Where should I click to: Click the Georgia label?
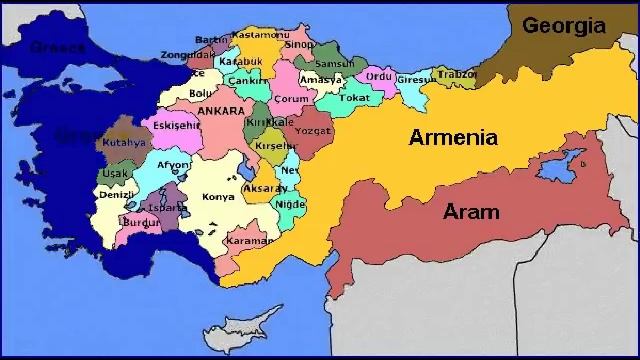point(563,25)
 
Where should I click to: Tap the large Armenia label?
point(453,138)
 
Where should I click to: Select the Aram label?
point(470,211)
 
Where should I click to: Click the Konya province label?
point(218,197)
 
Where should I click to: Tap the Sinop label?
point(299,45)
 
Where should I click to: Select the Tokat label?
point(354,98)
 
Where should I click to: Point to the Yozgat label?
point(314,130)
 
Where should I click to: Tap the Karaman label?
point(250,241)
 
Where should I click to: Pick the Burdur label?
point(142,222)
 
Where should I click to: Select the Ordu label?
point(378,75)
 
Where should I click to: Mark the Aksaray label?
point(265,188)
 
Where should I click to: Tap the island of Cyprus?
point(239,330)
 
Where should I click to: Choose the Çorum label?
point(292,99)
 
